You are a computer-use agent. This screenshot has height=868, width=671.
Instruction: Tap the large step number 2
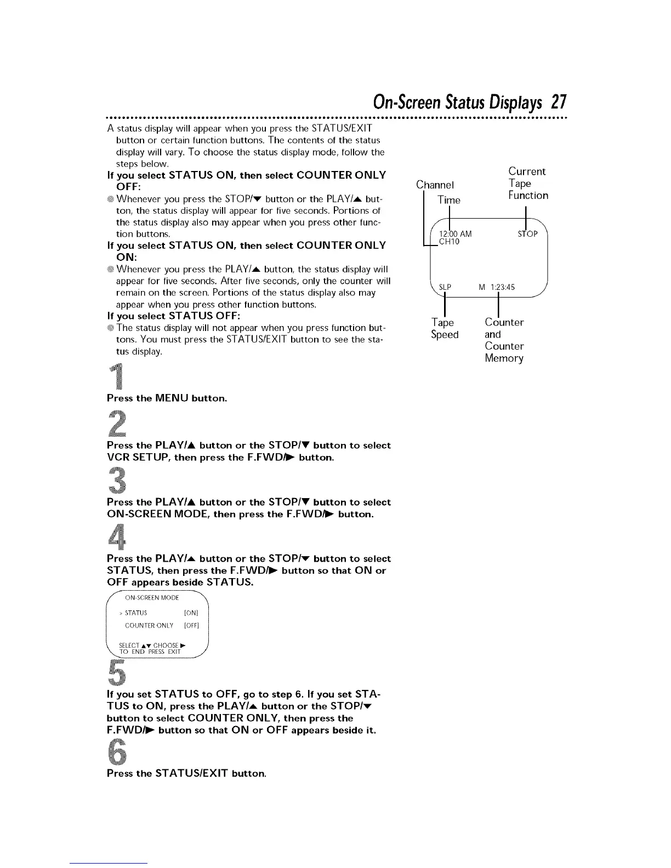116,423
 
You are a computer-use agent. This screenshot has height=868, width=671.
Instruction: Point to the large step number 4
116,536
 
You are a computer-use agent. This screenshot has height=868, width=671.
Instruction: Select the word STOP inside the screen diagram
528,235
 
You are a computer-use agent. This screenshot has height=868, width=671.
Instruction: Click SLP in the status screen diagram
445,287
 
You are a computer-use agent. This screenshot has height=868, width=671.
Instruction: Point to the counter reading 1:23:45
503,287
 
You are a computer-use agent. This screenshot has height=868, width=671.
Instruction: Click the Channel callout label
435,184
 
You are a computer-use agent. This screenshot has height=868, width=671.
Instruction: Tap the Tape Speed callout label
444,328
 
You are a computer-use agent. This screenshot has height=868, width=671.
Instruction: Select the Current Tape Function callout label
527,183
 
